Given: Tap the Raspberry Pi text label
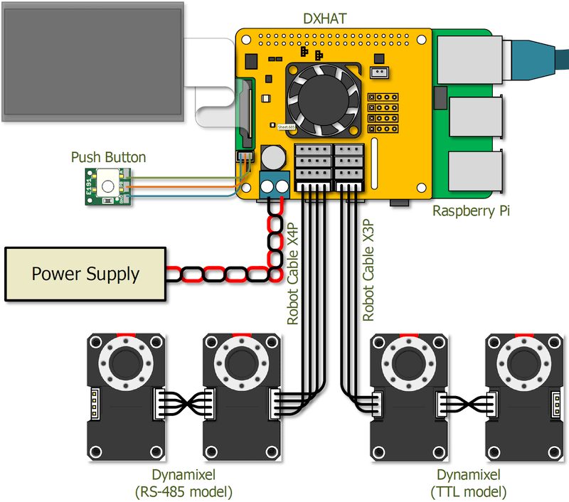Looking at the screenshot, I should [x=472, y=211].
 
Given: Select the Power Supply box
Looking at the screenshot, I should [x=85, y=274].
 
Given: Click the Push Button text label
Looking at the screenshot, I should [x=108, y=157].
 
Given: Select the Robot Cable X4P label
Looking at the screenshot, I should [x=293, y=273].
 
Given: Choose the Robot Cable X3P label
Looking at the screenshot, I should [x=368, y=270].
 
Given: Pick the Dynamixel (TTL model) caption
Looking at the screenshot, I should [x=468, y=483].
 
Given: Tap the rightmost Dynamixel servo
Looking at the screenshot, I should [x=523, y=397].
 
